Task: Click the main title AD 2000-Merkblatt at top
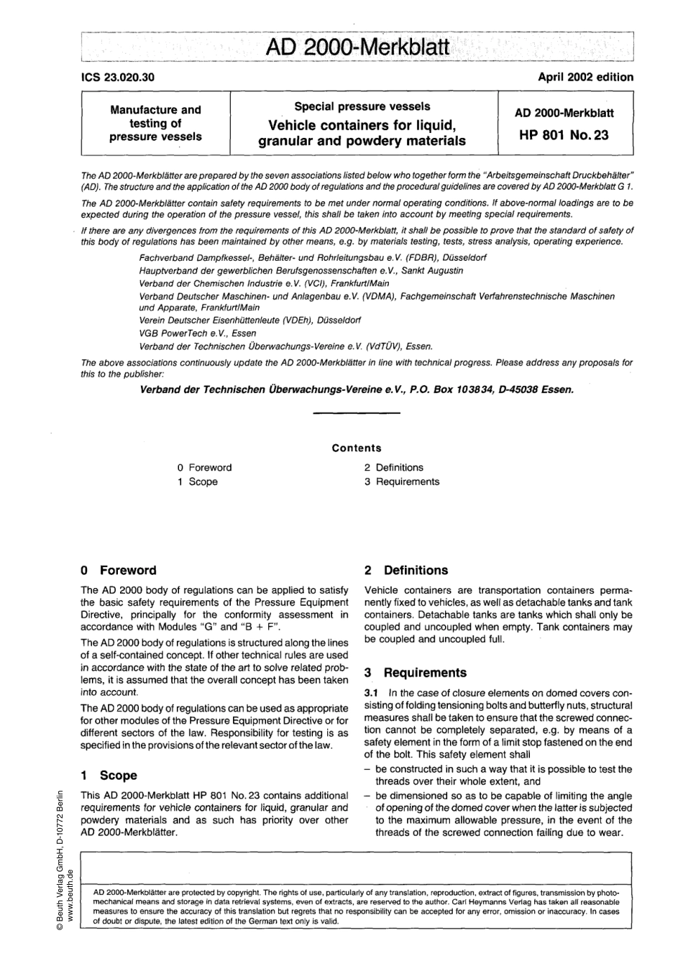pyautogui.click(x=357, y=48)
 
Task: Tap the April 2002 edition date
pyautogui.click(x=585, y=77)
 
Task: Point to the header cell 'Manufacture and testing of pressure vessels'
pyautogui.click(x=155, y=123)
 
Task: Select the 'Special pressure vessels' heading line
pyautogui.click(x=362, y=106)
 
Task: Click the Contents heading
pyautogui.click(x=357, y=448)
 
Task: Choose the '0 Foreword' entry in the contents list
pyautogui.click(x=204, y=467)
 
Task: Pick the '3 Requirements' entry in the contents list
pyautogui.click(x=401, y=482)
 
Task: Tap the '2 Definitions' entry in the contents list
pyautogui.click(x=393, y=467)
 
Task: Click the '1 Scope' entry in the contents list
pyautogui.click(x=197, y=482)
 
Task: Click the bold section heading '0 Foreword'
pyautogui.click(x=119, y=571)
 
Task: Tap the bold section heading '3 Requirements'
pyautogui.click(x=415, y=673)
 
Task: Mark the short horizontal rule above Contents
pyautogui.click(x=357, y=413)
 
